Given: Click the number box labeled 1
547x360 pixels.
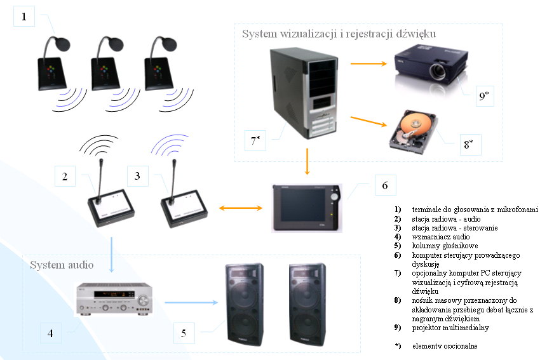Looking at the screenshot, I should (24, 17).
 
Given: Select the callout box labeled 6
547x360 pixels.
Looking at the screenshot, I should (384, 185).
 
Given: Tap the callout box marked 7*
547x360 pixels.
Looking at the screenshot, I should (255, 140).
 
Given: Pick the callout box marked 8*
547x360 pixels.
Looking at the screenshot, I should (468, 144).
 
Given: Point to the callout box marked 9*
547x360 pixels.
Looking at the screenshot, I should (484, 96).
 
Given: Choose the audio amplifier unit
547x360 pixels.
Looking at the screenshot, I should (114, 298).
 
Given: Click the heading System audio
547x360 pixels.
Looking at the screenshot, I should (61, 264).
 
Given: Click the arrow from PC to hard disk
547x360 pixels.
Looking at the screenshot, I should (368, 119).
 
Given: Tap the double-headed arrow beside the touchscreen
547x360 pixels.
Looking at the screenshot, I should (241, 208).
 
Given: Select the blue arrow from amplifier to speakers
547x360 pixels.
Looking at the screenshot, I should (189, 303).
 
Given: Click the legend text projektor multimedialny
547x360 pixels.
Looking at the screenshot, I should (450, 328).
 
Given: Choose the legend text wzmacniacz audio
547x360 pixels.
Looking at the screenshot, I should (441, 236).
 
